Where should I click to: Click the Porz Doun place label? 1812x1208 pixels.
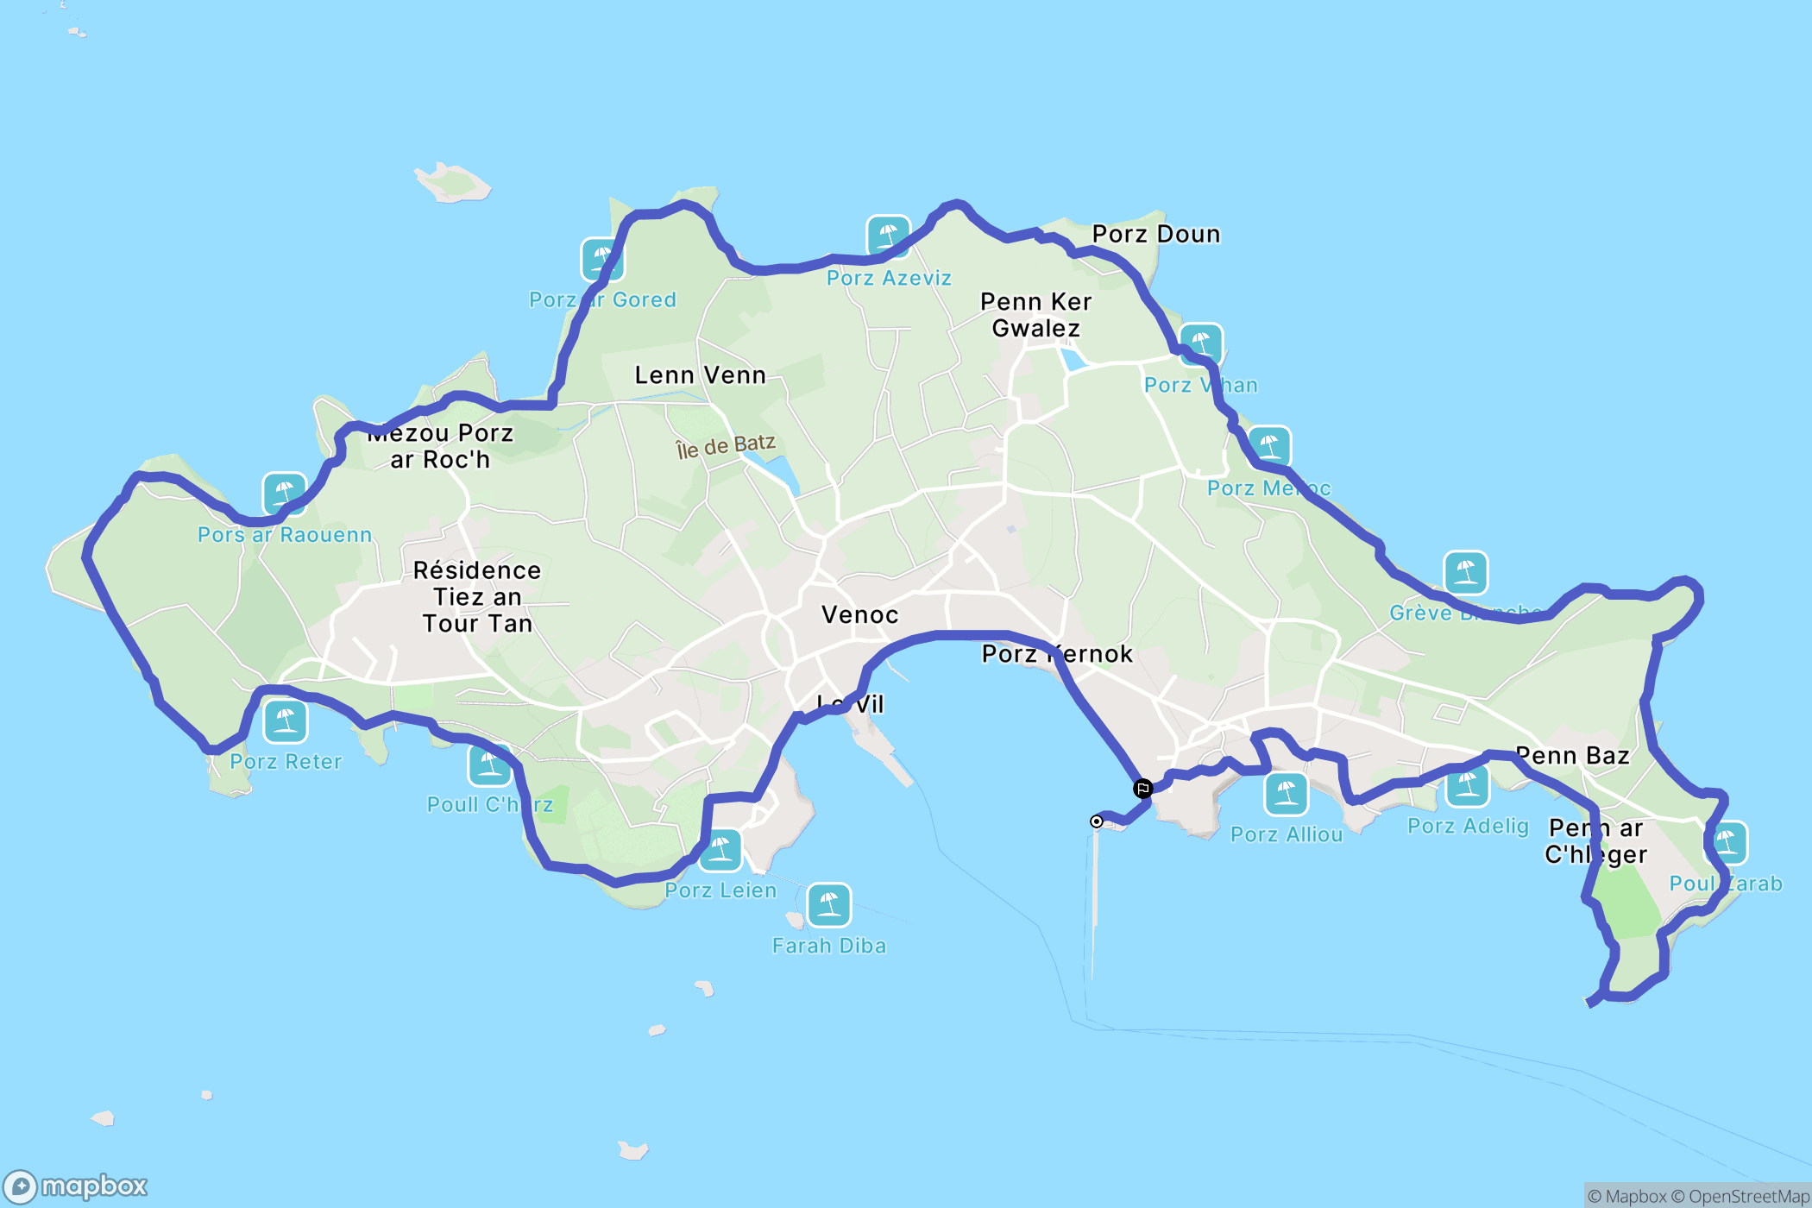[1155, 234]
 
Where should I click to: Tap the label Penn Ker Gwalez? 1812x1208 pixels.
[1035, 315]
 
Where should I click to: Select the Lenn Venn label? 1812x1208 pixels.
[700, 375]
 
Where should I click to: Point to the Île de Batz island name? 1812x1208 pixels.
[725, 446]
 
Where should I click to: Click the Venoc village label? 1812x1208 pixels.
[859, 615]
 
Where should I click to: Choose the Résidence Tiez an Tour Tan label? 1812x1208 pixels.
[477, 597]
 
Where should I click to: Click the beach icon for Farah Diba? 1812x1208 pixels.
[828, 904]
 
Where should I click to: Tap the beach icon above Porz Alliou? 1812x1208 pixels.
[1286, 793]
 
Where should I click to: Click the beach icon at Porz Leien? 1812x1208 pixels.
[720, 851]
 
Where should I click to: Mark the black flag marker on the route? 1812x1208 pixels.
[1142, 788]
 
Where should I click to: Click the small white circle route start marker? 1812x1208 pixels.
[1096, 821]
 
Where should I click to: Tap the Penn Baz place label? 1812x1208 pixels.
[1572, 756]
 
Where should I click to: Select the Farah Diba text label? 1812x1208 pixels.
[828, 946]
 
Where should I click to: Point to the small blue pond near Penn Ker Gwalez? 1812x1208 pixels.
[1073, 357]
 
